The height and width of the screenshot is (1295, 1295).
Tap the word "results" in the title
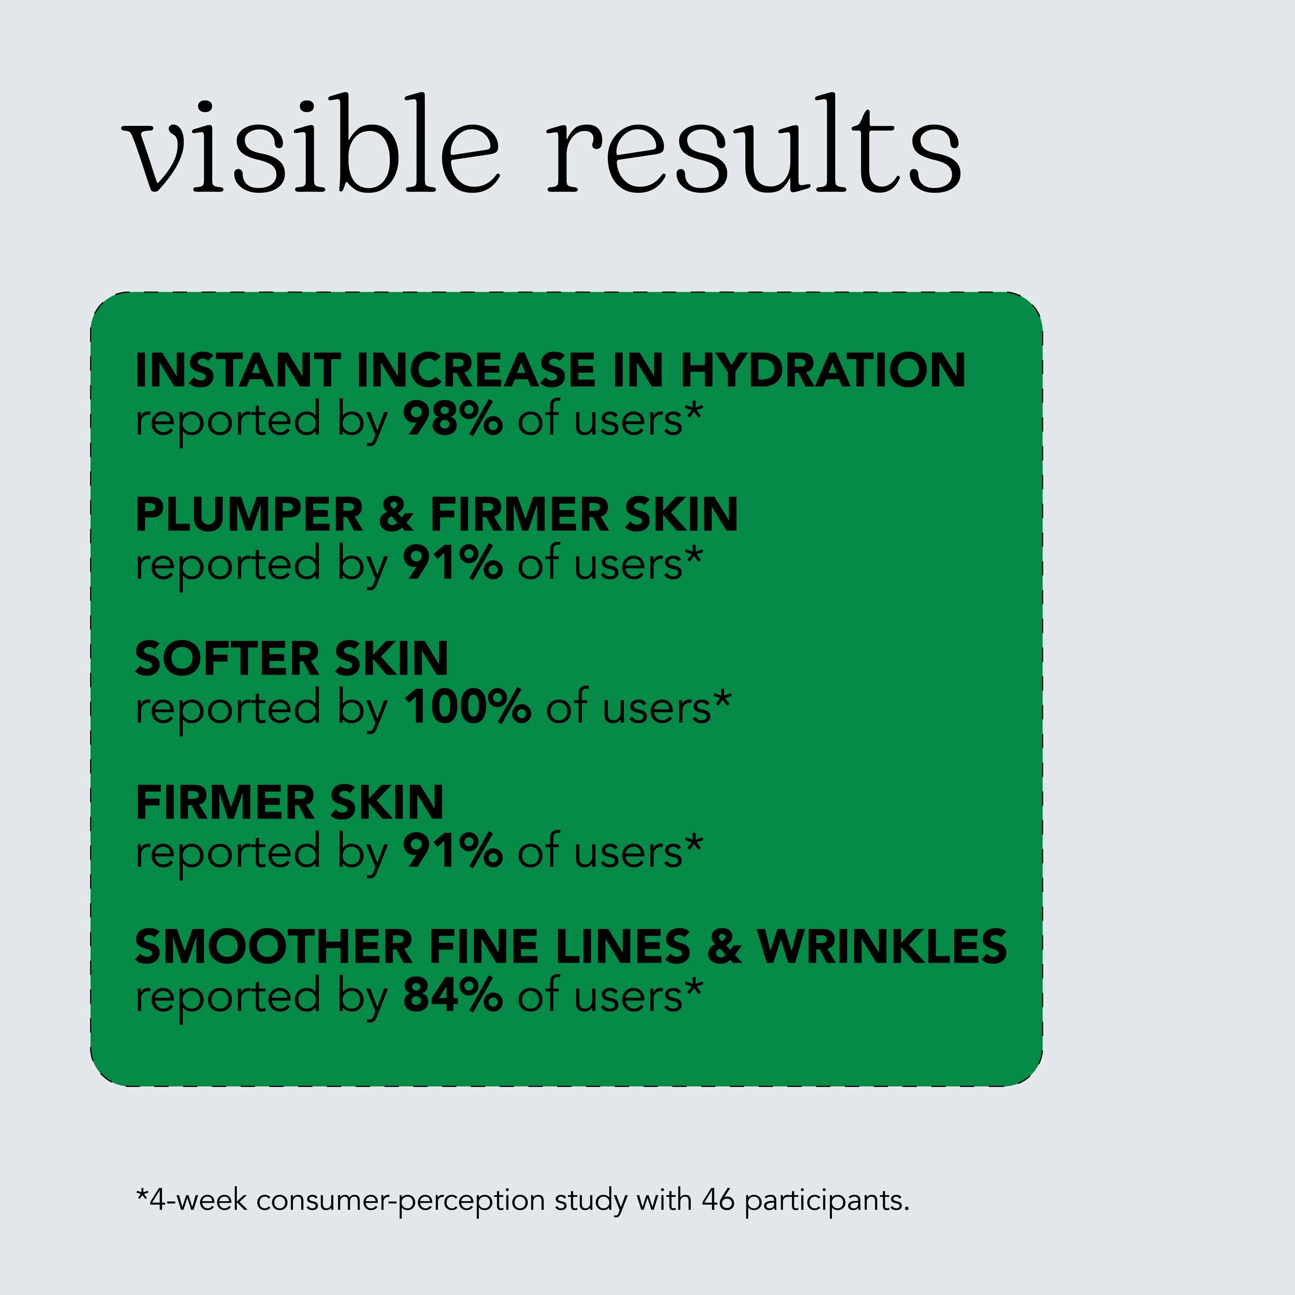pyautogui.click(x=754, y=144)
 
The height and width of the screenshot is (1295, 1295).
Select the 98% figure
pyautogui.click(x=452, y=419)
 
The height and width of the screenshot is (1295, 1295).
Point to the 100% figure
pyautogui.click(x=467, y=707)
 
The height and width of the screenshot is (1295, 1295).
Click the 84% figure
pyautogui.click(x=452, y=995)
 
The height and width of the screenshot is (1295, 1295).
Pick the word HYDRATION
pyautogui.click(x=823, y=370)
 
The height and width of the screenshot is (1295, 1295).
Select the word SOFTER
pyautogui.click(x=226, y=659)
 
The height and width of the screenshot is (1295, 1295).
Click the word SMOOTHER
pyautogui.click(x=273, y=947)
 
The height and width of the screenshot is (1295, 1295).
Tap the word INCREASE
pyautogui.click(x=476, y=370)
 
